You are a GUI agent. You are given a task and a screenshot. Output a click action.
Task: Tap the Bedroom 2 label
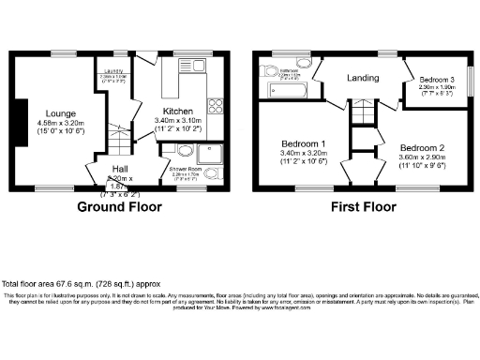click(422, 148)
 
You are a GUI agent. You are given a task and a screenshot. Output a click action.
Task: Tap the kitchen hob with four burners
click(215, 104)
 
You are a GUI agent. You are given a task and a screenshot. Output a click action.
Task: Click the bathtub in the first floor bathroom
click(285, 91)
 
